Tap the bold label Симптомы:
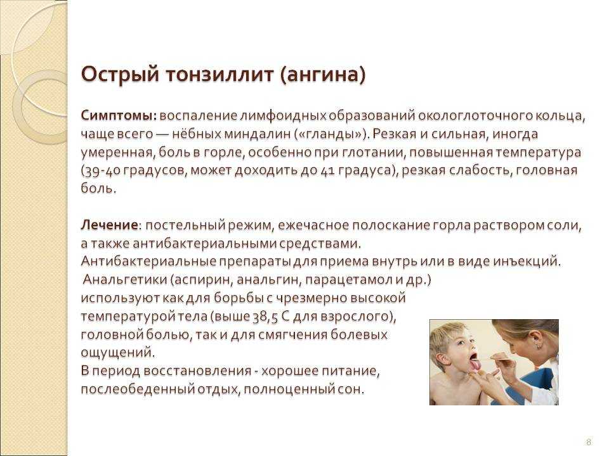[x=119, y=116]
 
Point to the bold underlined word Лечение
[x=109, y=225]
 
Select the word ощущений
[x=117, y=353]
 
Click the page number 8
[x=589, y=442]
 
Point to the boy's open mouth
[x=474, y=358]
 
